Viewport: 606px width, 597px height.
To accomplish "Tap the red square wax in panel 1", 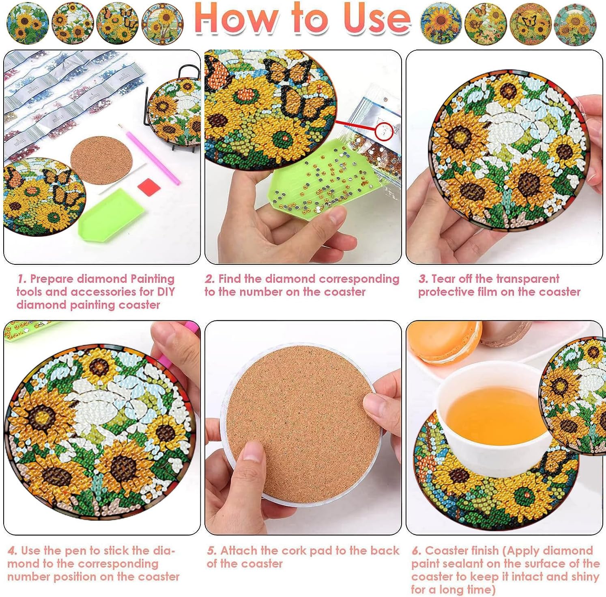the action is (149, 187).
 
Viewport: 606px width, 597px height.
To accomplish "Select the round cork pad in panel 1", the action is (101, 160).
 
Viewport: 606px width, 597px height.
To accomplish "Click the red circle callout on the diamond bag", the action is (385, 131).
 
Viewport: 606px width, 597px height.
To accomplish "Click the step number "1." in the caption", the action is (22, 279).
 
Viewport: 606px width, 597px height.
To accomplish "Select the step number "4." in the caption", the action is (12, 551).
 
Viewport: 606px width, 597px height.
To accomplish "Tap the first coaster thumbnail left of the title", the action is (28, 23).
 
